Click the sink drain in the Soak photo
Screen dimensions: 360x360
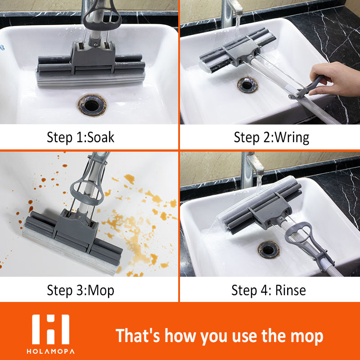coord(92,105)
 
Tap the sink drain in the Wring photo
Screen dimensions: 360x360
coord(247,85)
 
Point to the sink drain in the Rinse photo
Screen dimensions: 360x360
coord(268,250)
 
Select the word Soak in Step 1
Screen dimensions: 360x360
coord(101,137)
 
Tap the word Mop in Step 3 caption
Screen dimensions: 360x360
coord(101,291)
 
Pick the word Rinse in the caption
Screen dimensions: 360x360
coord(290,290)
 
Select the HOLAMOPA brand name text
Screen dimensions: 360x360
coord(50,351)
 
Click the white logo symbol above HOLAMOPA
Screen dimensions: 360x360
coord(50,329)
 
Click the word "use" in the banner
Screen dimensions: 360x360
coord(245,337)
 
